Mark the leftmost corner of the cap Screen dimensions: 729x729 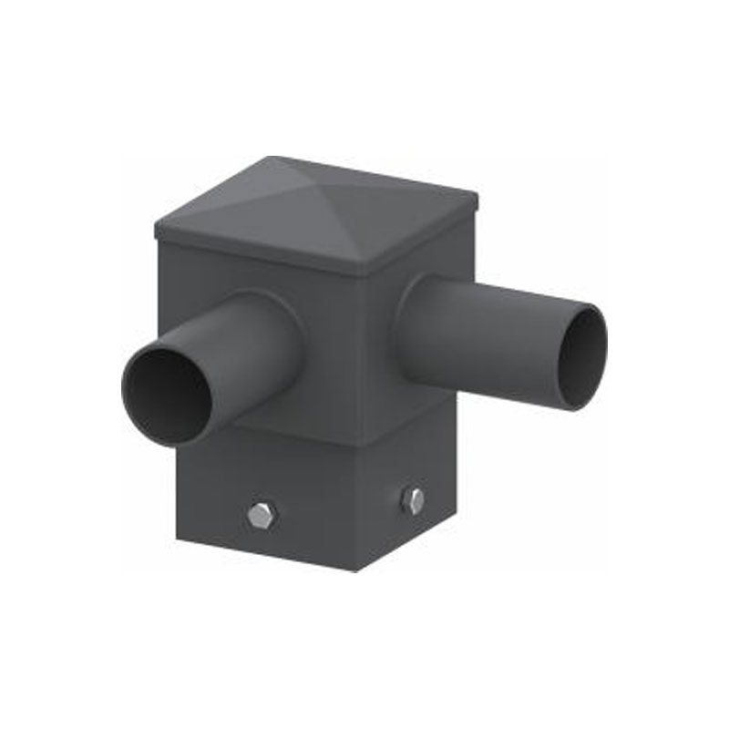tap(156, 228)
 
